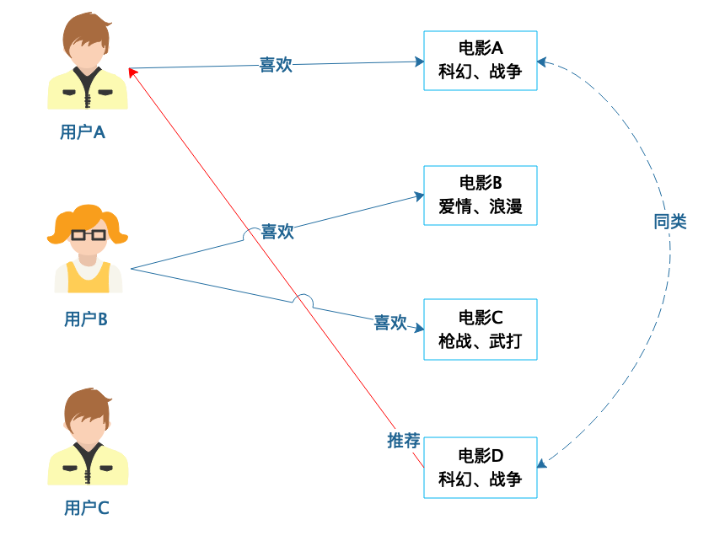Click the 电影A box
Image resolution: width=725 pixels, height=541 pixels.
tap(480, 60)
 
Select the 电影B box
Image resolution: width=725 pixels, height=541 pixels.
tap(480, 195)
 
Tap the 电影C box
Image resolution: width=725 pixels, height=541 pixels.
tap(480, 329)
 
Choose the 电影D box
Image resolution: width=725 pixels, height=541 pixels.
tap(480, 468)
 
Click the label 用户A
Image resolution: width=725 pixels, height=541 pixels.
tap(83, 132)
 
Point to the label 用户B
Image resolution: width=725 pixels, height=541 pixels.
tap(85, 319)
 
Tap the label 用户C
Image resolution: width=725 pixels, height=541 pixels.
tap(86, 508)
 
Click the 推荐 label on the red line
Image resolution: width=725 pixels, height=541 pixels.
tap(404, 440)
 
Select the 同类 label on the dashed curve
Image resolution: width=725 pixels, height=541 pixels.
tap(670, 222)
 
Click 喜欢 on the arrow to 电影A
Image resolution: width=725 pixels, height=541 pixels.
tap(276, 65)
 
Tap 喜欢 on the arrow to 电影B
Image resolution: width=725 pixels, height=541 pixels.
tap(277, 232)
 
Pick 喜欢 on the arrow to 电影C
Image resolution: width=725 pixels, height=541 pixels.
tap(390, 323)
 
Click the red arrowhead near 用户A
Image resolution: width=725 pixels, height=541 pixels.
tap(132, 73)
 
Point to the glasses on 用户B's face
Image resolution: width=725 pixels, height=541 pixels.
tap(88, 234)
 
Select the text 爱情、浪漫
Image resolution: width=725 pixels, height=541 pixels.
tap(480, 207)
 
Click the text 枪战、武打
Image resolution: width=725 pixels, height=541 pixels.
tap(480, 342)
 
